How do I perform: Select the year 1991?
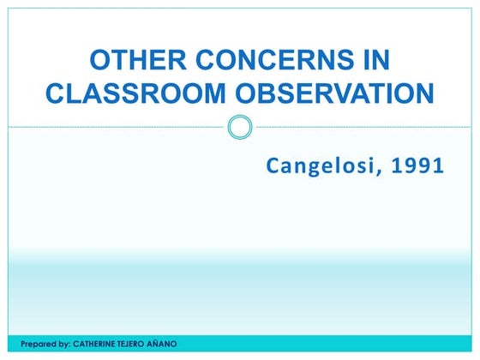[x=417, y=165]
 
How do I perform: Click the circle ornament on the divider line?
[x=241, y=128]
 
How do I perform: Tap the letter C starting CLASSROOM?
[x=56, y=93]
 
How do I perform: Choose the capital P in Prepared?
[x=23, y=344]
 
